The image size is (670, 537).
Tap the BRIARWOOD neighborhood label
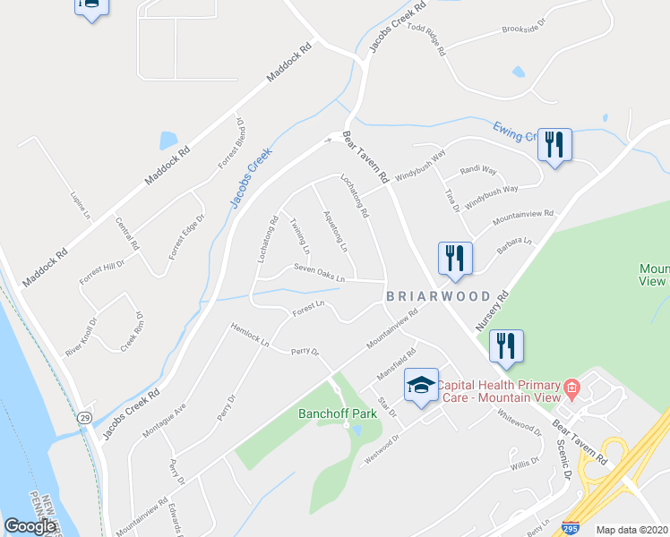pyautogui.click(x=439, y=296)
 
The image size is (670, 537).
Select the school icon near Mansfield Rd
pyautogui.click(x=421, y=386)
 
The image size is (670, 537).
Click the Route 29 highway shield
pyautogui.click(x=82, y=418)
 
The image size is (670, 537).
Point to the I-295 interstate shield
pyautogui.click(x=614, y=529)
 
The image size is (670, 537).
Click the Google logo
pyautogui.click(x=30, y=526)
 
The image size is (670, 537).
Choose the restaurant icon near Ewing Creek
pyautogui.click(x=555, y=143)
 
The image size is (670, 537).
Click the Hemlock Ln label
pyautogui.click(x=250, y=335)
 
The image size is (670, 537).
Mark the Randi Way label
pyautogui.click(x=477, y=170)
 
